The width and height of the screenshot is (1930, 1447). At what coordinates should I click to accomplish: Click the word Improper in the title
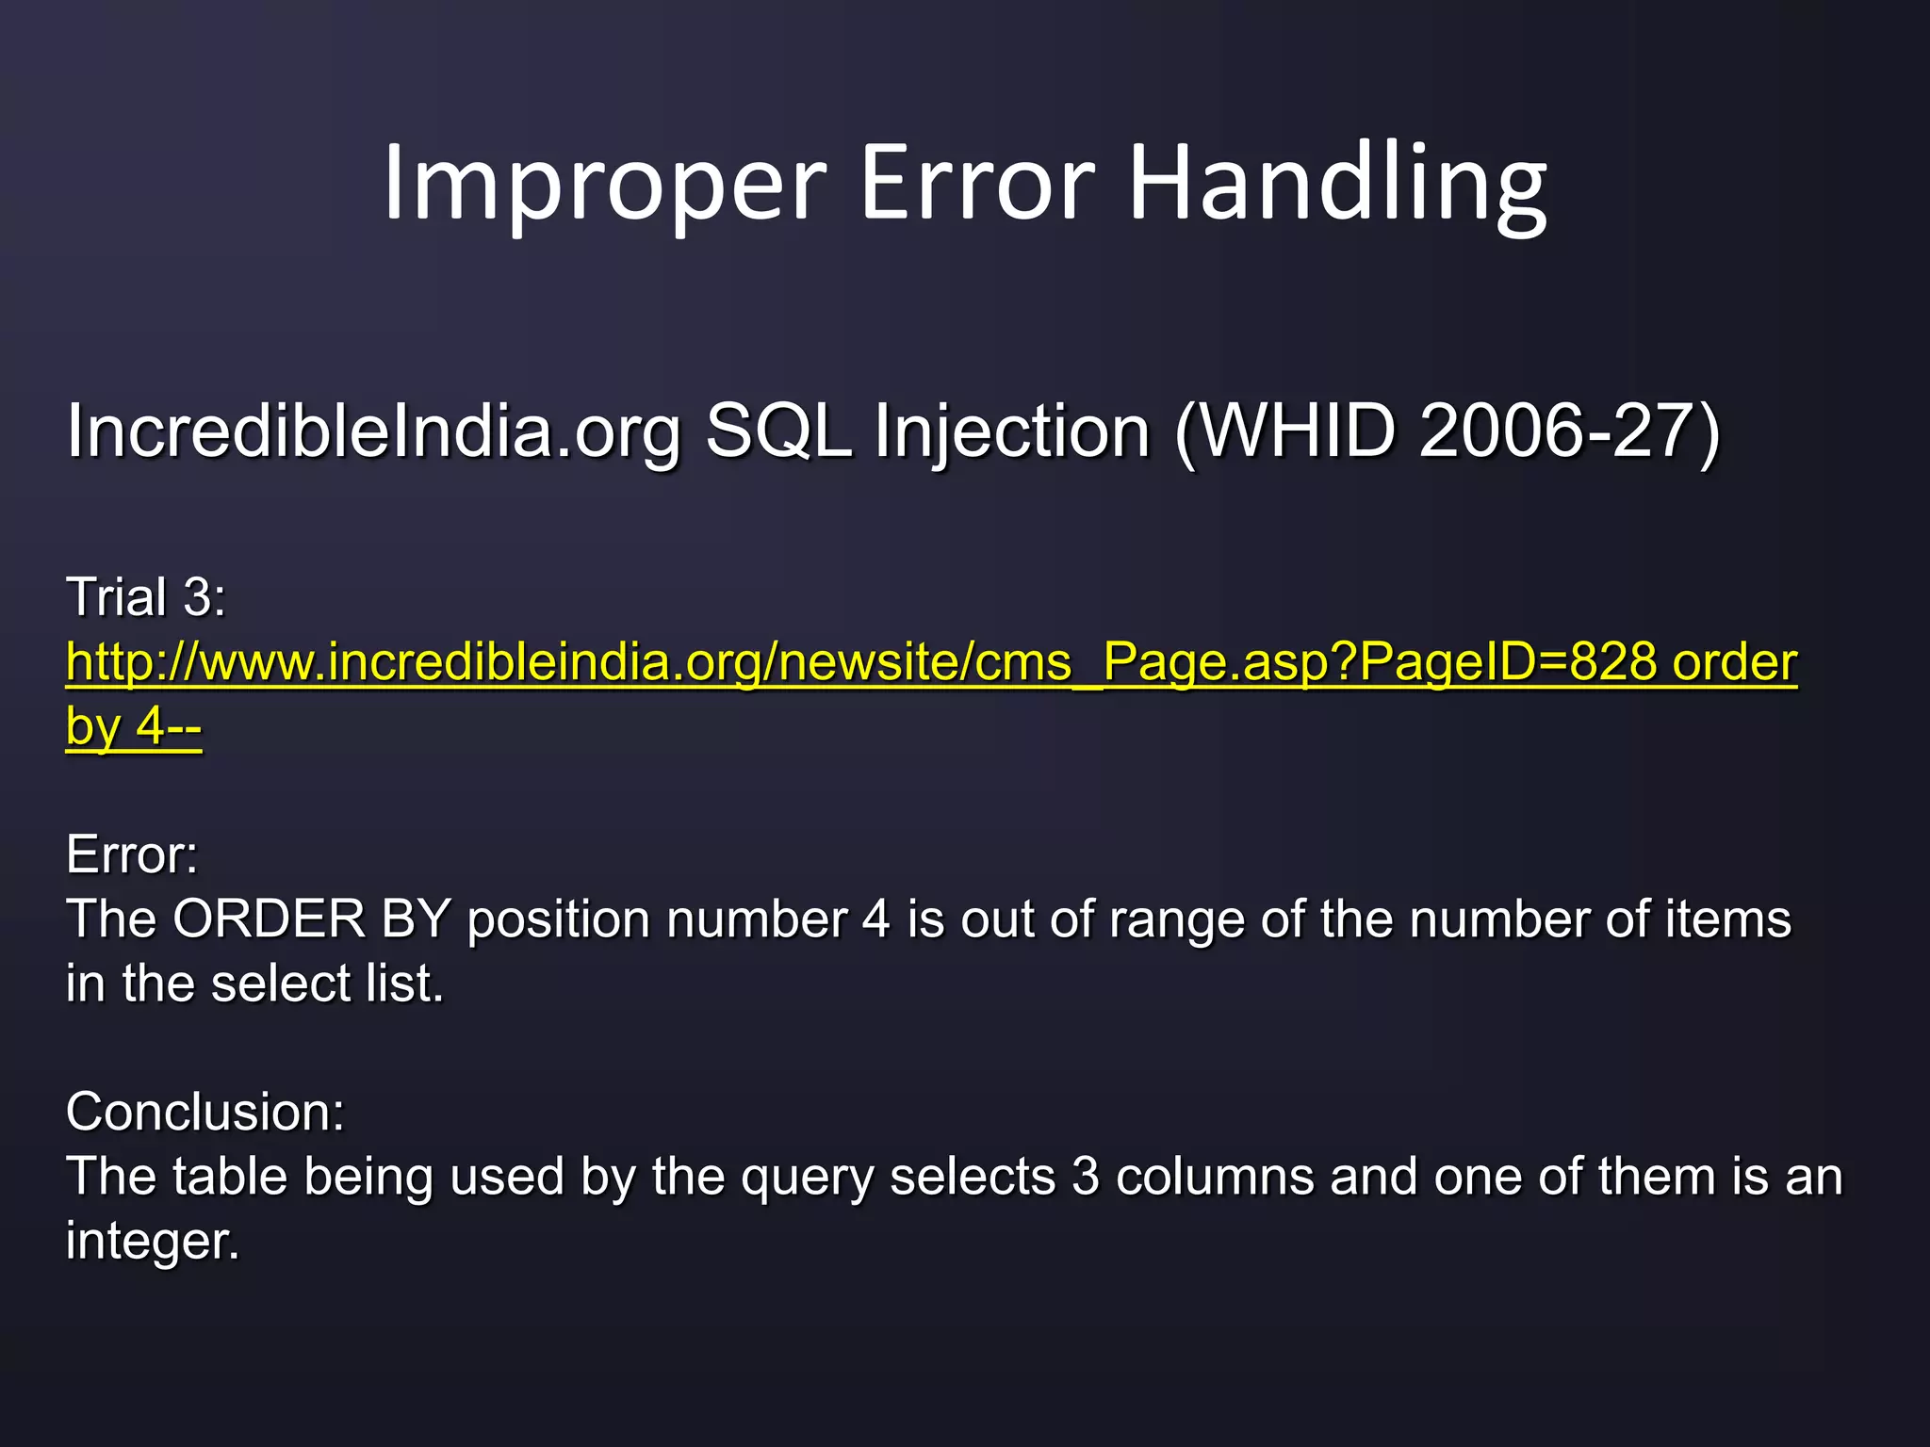coord(604,184)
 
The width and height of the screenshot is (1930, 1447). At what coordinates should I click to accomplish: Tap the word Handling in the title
coord(1337,184)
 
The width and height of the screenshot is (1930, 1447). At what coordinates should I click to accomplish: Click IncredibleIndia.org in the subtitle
coord(373,431)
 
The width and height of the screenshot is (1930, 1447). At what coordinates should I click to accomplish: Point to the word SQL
coord(778,431)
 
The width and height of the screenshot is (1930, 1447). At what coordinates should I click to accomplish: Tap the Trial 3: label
coord(146,597)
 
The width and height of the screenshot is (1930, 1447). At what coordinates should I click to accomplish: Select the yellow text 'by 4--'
coord(134,726)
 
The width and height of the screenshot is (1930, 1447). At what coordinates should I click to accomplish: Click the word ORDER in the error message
coord(270,919)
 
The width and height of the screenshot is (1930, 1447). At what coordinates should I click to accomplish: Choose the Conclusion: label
coord(205,1112)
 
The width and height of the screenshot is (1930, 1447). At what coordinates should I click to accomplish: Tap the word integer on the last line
coord(153,1242)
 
